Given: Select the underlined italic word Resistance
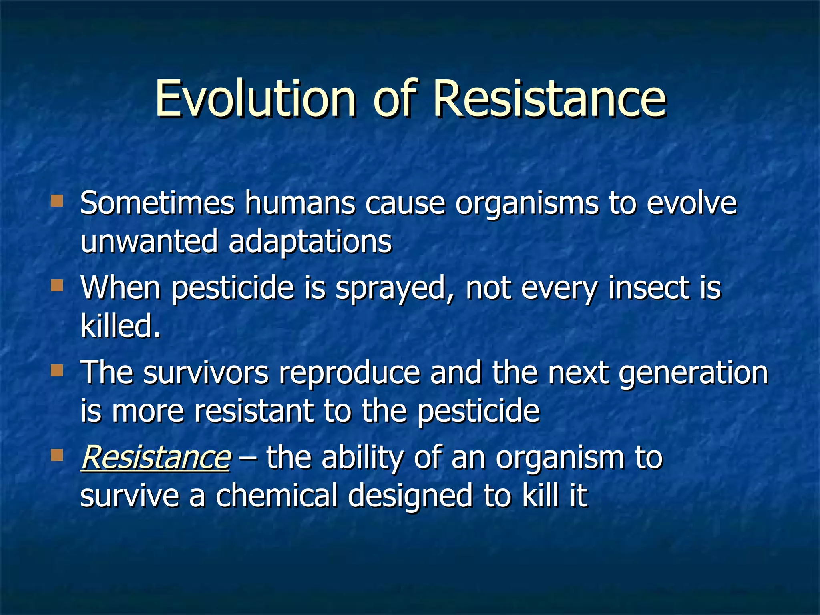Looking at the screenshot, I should tap(155, 458).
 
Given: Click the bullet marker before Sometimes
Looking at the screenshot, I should tap(57, 201).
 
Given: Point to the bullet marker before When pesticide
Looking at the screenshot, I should tap(57, 285).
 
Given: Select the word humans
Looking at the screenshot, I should tap(300, 203).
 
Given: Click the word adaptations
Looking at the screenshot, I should tap(310, 241).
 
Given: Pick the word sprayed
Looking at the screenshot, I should tap(391, 288).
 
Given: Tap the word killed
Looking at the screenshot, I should tap(120, 326).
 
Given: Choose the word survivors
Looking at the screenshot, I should tap(206, 373).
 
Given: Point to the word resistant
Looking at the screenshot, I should tap(253, 411).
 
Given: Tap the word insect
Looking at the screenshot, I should tap(649, 288).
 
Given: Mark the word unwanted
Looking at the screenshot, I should tap(149, 241).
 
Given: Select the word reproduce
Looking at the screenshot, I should tap(350, 373).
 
